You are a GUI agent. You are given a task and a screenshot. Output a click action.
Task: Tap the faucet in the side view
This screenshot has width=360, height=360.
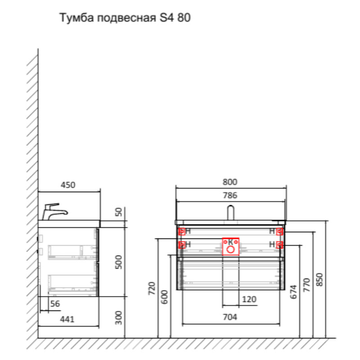tap(54, 211)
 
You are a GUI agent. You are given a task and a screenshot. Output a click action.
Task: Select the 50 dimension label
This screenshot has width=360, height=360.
tap(119, 212)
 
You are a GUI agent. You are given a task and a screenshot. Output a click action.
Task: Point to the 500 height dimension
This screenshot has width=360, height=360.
tap(119, 262)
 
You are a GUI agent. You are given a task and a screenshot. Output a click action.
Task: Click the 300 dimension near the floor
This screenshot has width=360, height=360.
tap(119, 318)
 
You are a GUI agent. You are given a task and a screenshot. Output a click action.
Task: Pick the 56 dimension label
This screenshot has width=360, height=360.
tap(54, 304)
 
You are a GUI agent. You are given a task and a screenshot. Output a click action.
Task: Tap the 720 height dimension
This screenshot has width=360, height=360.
tap(152, 288)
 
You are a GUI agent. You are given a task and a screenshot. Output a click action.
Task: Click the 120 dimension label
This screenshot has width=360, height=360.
tap(249, 299)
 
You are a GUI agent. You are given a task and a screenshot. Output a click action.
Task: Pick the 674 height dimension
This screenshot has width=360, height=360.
tap(293, 292)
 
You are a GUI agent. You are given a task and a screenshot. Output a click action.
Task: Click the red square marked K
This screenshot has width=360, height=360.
tap(230, 246)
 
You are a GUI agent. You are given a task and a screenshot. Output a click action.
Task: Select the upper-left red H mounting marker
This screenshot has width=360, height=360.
tap(182, 232)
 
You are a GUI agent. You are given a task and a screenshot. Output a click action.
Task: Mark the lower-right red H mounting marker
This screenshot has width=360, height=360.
tap(279, 245)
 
